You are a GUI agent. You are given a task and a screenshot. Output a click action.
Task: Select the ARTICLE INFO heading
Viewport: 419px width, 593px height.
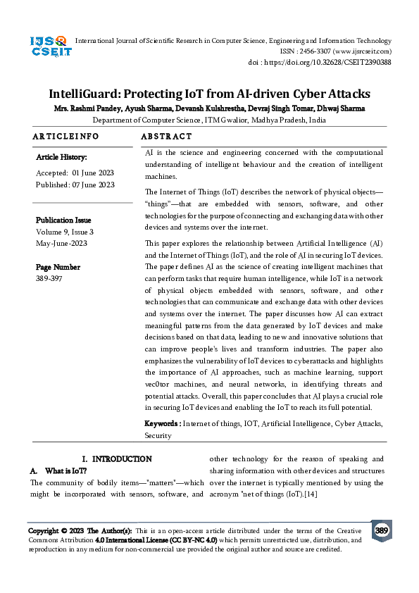coord(65,136)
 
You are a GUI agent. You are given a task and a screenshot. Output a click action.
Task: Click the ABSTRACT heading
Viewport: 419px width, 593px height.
coord(166,136)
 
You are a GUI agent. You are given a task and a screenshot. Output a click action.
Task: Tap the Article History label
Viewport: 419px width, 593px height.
coord(61,157)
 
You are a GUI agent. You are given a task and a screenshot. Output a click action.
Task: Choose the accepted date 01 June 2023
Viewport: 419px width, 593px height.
coord(93,173)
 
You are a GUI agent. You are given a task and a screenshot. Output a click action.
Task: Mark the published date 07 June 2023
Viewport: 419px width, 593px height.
coord(93,185)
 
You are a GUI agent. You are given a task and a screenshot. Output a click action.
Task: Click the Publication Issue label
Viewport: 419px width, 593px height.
coord(63,220)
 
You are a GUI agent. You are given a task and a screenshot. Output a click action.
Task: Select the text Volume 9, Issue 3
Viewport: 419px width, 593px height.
coord(65,232)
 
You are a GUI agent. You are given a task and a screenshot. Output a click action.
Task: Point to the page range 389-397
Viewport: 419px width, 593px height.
coord(48,279)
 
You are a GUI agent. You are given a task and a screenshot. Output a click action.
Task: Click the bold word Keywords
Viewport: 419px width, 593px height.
coord(161,423)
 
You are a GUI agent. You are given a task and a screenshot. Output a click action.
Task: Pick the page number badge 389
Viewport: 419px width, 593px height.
coord(382,530)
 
